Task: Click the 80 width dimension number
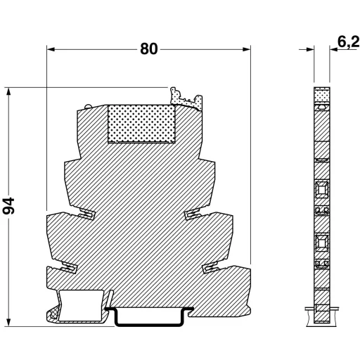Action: pos(149,49)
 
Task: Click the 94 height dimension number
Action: pos(8,206)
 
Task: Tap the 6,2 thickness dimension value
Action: pos(349,42)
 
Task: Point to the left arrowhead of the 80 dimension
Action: pos(51,49)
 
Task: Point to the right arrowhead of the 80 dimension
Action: pos(247,49)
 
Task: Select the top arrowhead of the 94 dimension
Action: pos(8,91)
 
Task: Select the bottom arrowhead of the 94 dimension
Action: pos(8,322)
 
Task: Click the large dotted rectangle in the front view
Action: pos(141,124)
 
